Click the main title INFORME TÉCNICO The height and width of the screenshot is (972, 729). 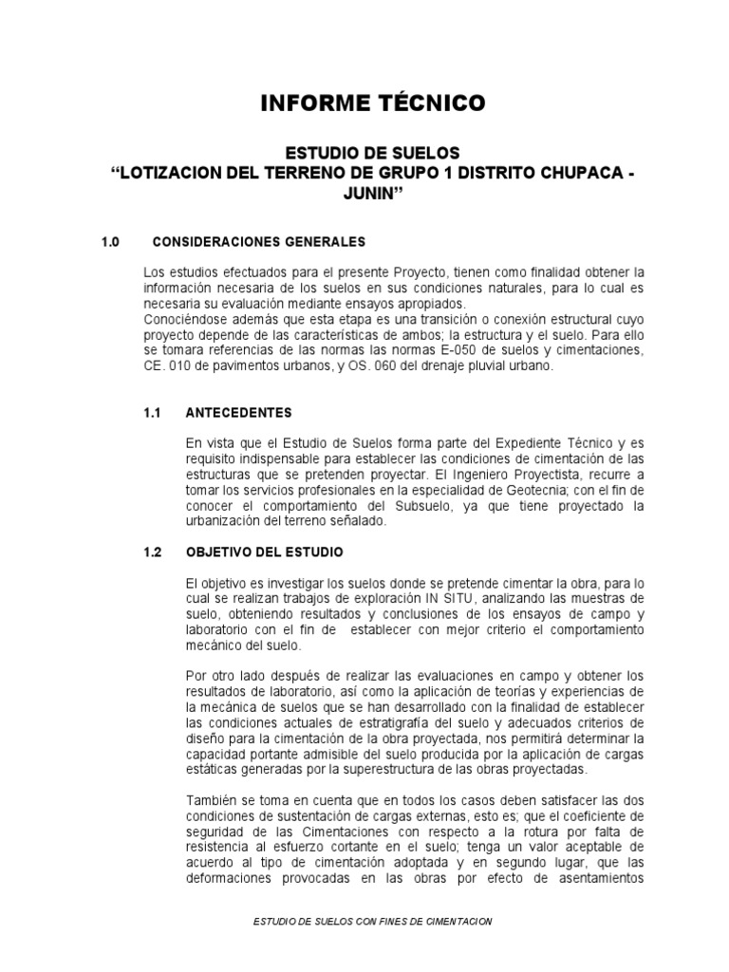tap(373, 103)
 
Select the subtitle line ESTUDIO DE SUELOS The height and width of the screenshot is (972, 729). tap(373, 152)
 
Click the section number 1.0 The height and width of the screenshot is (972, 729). tap(111, 242)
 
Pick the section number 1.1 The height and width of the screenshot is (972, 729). tap(153, 413)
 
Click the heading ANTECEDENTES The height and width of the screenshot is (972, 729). tap(239, 413)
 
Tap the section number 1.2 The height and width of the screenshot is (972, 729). tap(153, 551)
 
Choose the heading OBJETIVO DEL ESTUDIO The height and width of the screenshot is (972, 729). tap(265, 551)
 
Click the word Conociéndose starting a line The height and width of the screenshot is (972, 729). tap(184, 320)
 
